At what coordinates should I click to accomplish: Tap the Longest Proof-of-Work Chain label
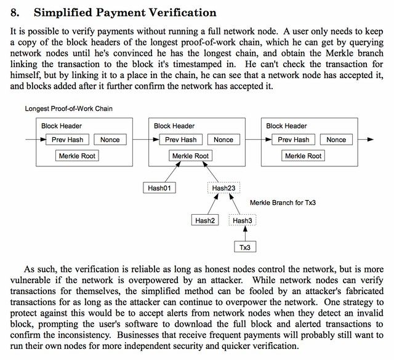click(x=68, y=109)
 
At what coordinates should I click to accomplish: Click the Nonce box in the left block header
click(x=110, y=140)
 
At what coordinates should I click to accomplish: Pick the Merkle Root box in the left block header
click(x=78, y=156)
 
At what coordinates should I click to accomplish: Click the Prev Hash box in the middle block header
click(x=180, y=140)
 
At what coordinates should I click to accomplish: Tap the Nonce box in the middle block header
click(x=223, y=140)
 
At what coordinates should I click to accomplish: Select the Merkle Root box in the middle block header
click(x=190, y=156)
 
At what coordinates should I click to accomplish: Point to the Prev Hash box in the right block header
click(x=293, y=140)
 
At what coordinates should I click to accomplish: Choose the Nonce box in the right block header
click(x=336, y=140)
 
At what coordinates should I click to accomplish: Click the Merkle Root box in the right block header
click(x=304, y=156)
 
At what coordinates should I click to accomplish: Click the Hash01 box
click(x=159, y=188)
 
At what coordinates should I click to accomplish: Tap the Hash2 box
click(x=206, y=220)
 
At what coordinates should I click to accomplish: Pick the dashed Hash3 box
click(x=243, y=220)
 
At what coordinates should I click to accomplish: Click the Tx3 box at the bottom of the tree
click(x=244, y=247)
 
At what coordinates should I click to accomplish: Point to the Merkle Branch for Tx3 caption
click(x=286, y=202)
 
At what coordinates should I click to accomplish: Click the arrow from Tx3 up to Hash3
click(x=244, y=234)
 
